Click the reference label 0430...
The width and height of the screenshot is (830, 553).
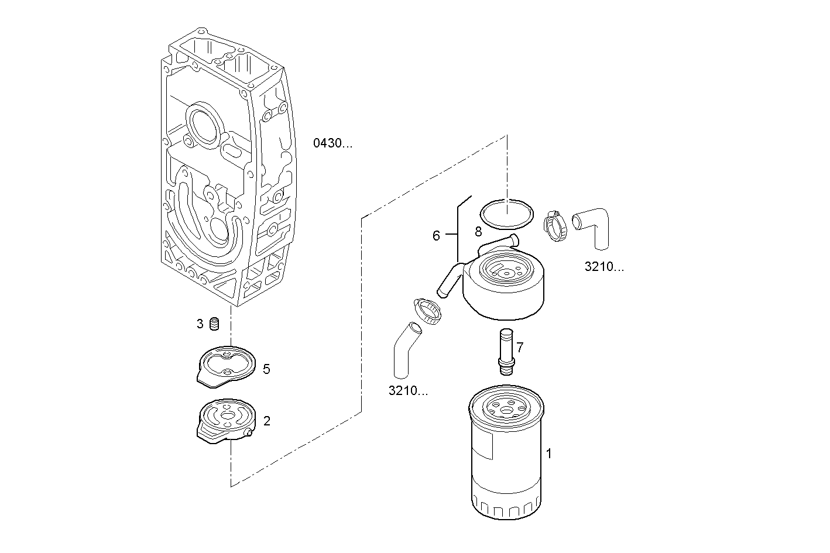coord(332,143)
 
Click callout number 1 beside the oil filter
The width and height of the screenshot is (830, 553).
coord(548,454)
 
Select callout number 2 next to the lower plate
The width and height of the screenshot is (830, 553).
coord(267,421)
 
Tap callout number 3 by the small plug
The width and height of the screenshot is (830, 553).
coord(200,324)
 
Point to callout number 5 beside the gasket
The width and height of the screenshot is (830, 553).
coord(266,369)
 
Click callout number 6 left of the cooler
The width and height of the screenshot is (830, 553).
coord(436,236)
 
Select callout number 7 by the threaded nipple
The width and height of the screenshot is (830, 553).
coord(520,348)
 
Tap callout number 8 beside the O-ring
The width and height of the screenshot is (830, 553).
coord(478,232)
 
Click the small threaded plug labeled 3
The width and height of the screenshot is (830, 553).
coord(215,324)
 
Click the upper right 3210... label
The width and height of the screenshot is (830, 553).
coord(604,267)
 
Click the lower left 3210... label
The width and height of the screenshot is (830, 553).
coord(408,391)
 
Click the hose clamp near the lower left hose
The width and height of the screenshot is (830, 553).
coord(428,311)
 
